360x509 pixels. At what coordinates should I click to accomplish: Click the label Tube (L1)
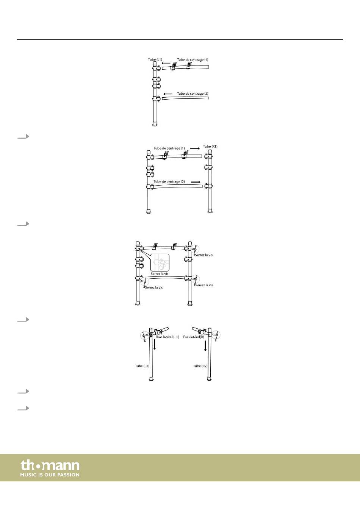point(155,59)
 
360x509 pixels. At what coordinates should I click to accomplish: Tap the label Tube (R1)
point(210,147)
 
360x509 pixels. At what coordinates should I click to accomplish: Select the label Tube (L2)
point(142,366)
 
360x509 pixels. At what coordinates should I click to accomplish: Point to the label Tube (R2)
point(200,366)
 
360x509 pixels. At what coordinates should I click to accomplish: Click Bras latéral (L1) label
point(167,337)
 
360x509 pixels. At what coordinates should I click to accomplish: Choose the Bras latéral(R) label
point(194,337)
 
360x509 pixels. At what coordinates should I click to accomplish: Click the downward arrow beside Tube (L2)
point(155,344)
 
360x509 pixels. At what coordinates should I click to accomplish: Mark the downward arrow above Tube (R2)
point(205,345)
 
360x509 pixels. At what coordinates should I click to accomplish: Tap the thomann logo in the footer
point(50,465)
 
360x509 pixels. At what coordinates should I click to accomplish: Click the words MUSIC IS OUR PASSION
point(50,475)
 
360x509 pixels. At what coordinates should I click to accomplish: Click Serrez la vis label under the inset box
point(160,274)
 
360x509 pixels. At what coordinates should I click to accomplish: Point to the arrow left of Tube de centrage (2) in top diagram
point(167,94)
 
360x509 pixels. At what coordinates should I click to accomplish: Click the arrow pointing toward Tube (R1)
point(195,148)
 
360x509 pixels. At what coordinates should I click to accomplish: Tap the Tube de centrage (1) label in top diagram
point(193,60)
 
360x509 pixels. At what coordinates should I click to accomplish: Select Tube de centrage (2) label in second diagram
point(169,182)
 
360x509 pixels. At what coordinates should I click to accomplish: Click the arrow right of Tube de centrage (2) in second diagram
point(196,182)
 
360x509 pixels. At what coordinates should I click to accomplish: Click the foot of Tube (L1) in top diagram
point(155,124)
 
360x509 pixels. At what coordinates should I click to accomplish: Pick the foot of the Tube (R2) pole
point(210,378)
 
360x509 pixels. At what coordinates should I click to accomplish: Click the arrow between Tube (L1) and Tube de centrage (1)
point(166,64)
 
